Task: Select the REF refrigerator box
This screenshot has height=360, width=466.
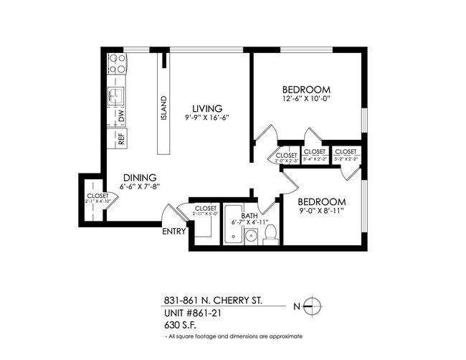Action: coord(120,139)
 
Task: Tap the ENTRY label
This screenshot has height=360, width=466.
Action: coord(174,231)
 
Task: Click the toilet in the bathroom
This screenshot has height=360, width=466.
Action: coord(270,234)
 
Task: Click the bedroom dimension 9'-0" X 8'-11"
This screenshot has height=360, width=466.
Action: coord(322,212)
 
